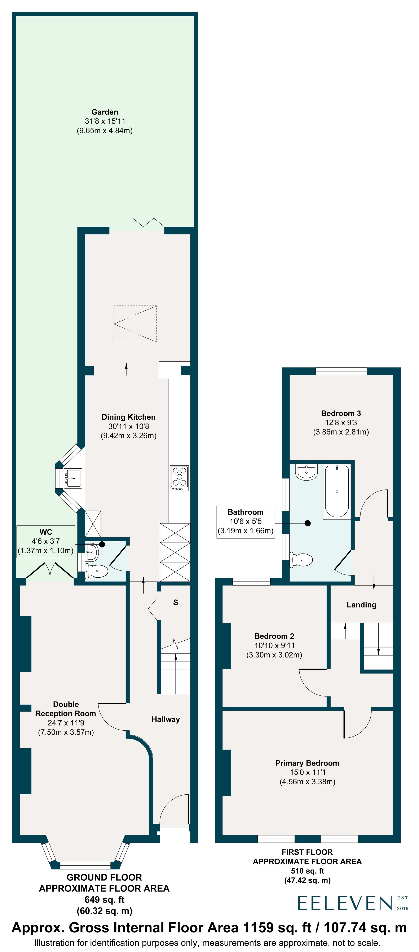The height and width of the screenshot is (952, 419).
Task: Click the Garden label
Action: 105,112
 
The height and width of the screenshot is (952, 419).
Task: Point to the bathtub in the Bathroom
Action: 336,492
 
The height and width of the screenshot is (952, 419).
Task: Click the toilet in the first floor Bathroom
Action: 301,560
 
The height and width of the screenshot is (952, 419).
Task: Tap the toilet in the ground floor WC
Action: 97,571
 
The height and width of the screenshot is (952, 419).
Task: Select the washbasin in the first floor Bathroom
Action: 306,472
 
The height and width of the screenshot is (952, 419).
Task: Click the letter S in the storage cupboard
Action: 176,602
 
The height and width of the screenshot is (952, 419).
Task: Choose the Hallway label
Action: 166,719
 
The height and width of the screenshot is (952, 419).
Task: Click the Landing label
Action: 361,605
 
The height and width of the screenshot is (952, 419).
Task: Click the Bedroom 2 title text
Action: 274,636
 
